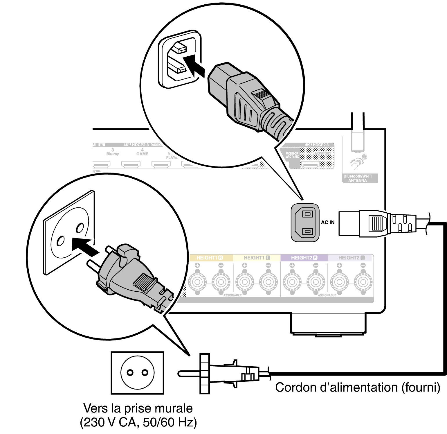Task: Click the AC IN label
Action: (327, 222)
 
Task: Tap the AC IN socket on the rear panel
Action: (305, 223)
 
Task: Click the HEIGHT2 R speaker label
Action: (304, 258)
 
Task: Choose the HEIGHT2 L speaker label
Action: (351, 258)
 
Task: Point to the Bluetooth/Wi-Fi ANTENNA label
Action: (358, 178)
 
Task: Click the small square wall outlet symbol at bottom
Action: (137, 373)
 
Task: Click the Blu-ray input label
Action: (113, 154)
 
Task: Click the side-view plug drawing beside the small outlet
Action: (223, 374)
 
